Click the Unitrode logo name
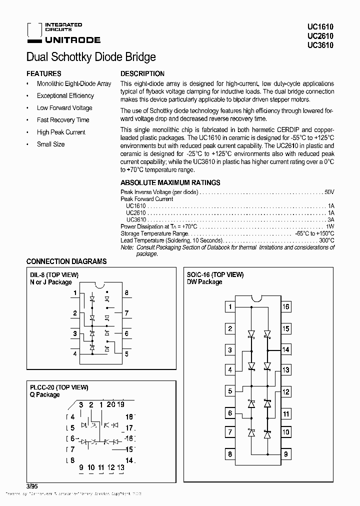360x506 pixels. pyautogui.click(x=73, y=40)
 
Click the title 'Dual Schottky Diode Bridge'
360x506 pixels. pyautogui.click(x=90, y=57)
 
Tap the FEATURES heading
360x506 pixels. pyautogui.click(x=43, y=73)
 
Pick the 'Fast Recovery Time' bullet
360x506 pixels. pyautogui.click(x=63, y=120)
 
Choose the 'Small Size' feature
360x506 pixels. pyautogui.click(x=50, y=144)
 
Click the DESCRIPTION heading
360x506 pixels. pyautogui.click(x=142, y=73)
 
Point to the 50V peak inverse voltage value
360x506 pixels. pyautogui.click(x=328, y=192)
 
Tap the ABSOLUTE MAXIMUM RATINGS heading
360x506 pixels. pyautogui.click(x=170, y=183)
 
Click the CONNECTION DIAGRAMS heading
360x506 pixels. pyautogui.click(x=66, y=261)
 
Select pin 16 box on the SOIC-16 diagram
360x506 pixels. pyautogui.click(x=285, y=307)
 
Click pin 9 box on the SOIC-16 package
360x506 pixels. pyautogui.click(x=285, y=454)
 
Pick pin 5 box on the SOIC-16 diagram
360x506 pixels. pyautogui.click(x=229, y=391)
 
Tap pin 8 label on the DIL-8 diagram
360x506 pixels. pyautogui.click(x=127, y=293)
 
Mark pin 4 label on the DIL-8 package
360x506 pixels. pyautogui.click(x=75, y=353)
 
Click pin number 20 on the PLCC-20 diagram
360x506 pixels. pyautogui.click(x=110, y=405)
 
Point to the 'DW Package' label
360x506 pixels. pyautogui.click(x=204, y=282)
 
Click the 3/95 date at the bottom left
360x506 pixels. pyautogui.click(x=31, y=485)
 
